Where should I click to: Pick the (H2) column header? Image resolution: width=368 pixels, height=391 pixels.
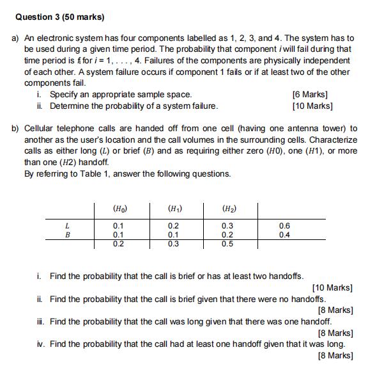(x=227, y=208)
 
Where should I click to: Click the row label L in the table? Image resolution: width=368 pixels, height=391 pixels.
(x=67, y=225)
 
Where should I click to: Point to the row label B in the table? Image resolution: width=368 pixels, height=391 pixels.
(x=67, y=234)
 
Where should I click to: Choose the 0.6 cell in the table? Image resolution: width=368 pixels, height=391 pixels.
(x=284, y=225)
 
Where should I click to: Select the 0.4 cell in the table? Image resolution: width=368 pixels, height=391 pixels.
(x=284, y=234)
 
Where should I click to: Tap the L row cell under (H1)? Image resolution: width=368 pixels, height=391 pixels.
(x=173, y=225)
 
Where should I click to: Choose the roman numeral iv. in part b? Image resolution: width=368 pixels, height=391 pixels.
(x=42, y=344)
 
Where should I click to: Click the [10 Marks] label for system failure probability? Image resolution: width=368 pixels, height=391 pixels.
(x=312, y=106)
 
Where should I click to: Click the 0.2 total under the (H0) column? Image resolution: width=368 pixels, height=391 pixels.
(x=119, y=244)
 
